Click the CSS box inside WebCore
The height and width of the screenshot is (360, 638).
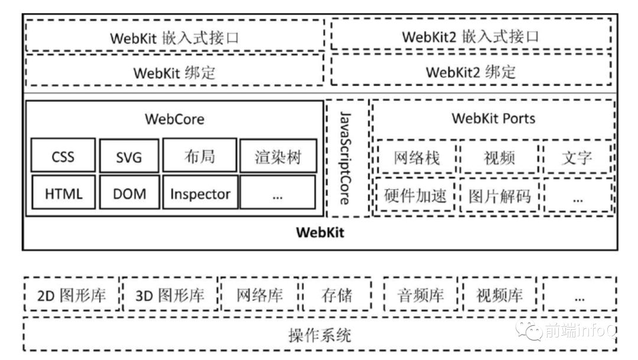tap(63, 157)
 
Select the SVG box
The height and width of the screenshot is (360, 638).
tap(129, 157)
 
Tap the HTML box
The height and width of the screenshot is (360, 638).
tap(63, 193)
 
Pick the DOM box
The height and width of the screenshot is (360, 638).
tap(129, 193)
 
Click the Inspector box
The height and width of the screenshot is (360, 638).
tap(200, 193)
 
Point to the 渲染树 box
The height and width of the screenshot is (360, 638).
tap(278, 157)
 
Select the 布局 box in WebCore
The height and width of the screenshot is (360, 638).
tap(200, 157)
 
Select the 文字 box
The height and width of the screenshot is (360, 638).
tap(577, 157)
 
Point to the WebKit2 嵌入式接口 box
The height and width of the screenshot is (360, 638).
tap(471, 36)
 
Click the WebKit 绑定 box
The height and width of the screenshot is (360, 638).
tap(174, 72)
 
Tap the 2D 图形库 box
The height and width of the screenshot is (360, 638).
tap(71, 294)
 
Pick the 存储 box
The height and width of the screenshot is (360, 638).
tap(337, 294)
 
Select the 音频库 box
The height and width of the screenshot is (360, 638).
tap(421, 294)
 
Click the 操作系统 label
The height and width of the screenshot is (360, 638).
tap(320, 335)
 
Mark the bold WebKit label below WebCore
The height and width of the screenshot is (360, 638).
tap(320, 232)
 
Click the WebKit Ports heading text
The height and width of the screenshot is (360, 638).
tap(493, 118)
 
